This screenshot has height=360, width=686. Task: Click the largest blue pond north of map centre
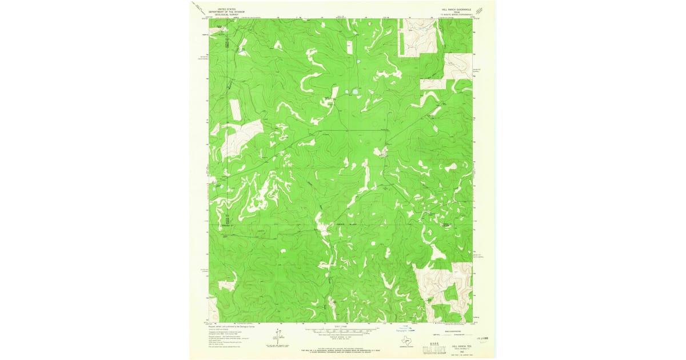354,91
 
